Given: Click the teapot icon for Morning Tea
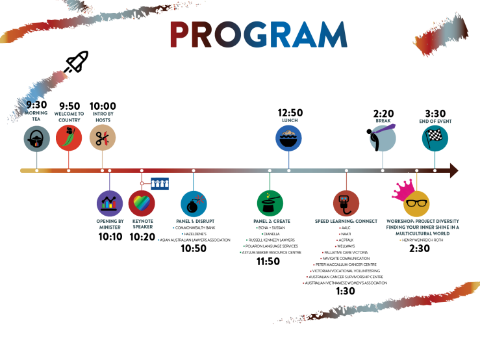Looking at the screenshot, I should click(x=37, y=138).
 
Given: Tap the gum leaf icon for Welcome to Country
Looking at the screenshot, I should click(x=69, y=138).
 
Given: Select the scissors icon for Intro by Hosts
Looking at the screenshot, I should click(x=102, y=138).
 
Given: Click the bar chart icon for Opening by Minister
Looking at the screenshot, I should click(x=110, y=203).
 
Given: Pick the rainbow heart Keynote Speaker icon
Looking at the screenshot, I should click(x=142, y=203).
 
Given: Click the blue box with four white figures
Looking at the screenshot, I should click(x=160, y=184).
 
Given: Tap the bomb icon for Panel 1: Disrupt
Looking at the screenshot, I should click(x=194, y=203).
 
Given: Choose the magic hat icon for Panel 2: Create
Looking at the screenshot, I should click(x=270, y=203).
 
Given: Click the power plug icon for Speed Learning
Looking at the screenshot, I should click(x=346, y=203).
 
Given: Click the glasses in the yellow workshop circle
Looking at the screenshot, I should click(x=416, y=204).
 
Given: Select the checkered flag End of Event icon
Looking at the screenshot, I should click(x=435, y=138).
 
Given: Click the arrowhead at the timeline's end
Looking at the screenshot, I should click(x=453, y=171).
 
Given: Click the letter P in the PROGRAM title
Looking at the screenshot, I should click(x=182, y=35).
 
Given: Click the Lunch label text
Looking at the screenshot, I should click(x=289, y=120).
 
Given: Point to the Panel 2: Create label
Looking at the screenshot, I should click(x=271, y=222).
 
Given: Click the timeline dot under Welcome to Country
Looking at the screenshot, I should click(x=69, y=171).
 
